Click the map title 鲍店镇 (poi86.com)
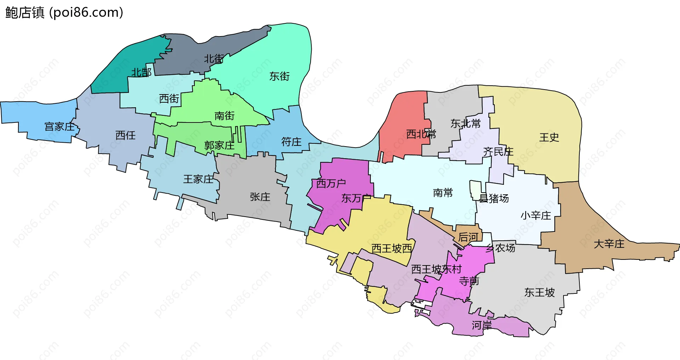point(64,12)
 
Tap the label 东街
point(279,76)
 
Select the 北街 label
point(214,59)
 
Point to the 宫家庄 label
point(59,127)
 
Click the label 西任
point(126,135)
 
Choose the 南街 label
point(225,116)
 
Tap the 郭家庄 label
point(219,145)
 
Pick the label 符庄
point(291,142)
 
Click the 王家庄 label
point(198,179)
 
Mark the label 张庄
point(260,197)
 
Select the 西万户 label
point(331,183)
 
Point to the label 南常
point(443,193)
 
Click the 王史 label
point(549,137)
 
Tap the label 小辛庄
point(535,216)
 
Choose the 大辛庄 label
point(609,244)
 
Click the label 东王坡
point(539,292)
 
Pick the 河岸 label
point(482,325)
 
